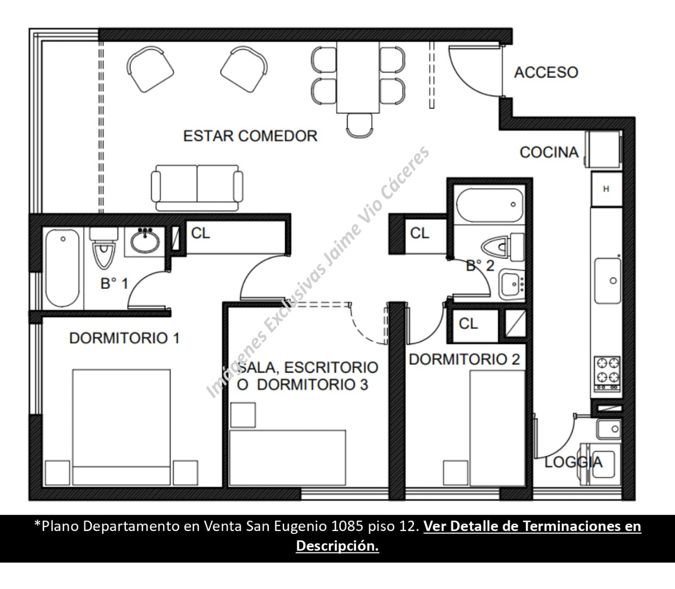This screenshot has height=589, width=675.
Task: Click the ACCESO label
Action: tap(546, 73)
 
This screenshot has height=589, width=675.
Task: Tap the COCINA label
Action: tap(548, 152)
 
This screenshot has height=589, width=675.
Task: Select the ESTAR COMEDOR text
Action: tap(250, 136)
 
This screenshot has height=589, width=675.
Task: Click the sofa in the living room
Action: tap(197, 187)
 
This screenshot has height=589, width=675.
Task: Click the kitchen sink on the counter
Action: tap(607, 280)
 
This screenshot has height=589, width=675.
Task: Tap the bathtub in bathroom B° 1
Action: tap(62, 267)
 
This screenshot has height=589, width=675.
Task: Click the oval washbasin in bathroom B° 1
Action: tap(145, 242)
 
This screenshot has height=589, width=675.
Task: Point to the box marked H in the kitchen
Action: tap(606, 189)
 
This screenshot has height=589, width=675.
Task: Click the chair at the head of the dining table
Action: tap(360, 125)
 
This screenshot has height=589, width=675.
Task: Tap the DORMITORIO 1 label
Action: tap(124, 338)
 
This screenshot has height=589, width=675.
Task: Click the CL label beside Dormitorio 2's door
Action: tap(468, 324)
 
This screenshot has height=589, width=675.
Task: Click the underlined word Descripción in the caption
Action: tap(337, 546)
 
